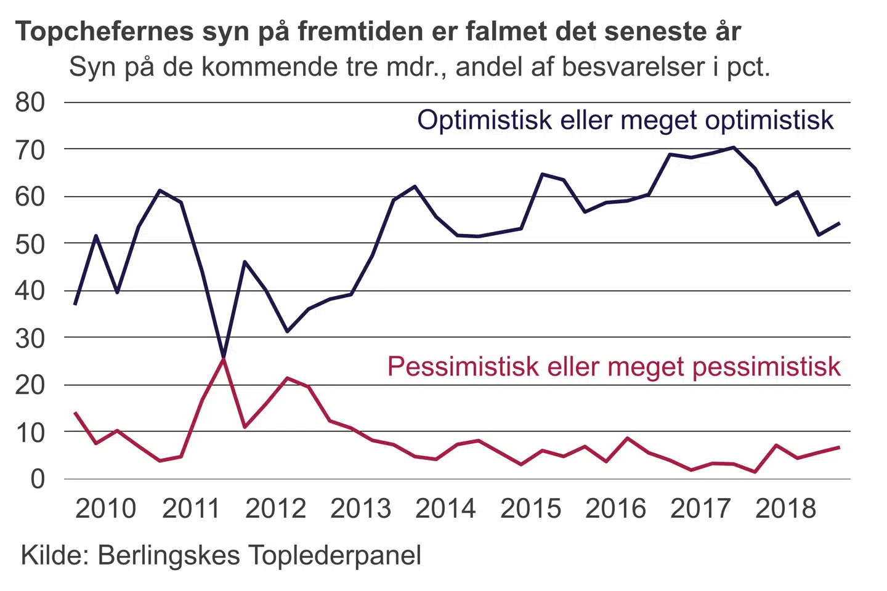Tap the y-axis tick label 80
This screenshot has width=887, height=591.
tap(30, 102)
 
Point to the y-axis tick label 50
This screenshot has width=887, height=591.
tap(30, 244)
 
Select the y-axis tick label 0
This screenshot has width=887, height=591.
tap(38, 479)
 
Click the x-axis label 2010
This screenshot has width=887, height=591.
tap(105, 509)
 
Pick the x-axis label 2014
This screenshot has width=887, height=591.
tap(445, 509)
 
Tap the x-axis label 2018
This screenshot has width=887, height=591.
tap(785, 509)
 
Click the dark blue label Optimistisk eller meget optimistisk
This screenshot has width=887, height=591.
tap(625, 120)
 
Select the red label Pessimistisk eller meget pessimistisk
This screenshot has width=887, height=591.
tap(614, 367)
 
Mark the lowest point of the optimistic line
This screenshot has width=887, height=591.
tap(223, 357)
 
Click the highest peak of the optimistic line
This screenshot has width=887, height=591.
tap(734, 147)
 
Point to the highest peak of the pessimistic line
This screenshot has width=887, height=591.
tap(223, 359)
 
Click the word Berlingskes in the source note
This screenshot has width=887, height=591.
tap(169, 555)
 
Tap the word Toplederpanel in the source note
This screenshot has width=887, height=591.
tap(335, 555)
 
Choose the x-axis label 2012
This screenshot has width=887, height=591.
tap(275, 509)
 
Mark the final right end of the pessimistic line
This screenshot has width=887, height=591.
tap(839, 447)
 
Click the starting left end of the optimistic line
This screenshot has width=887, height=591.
tap(75, 304)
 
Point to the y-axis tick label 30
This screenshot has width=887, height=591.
tap(30, 338)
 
